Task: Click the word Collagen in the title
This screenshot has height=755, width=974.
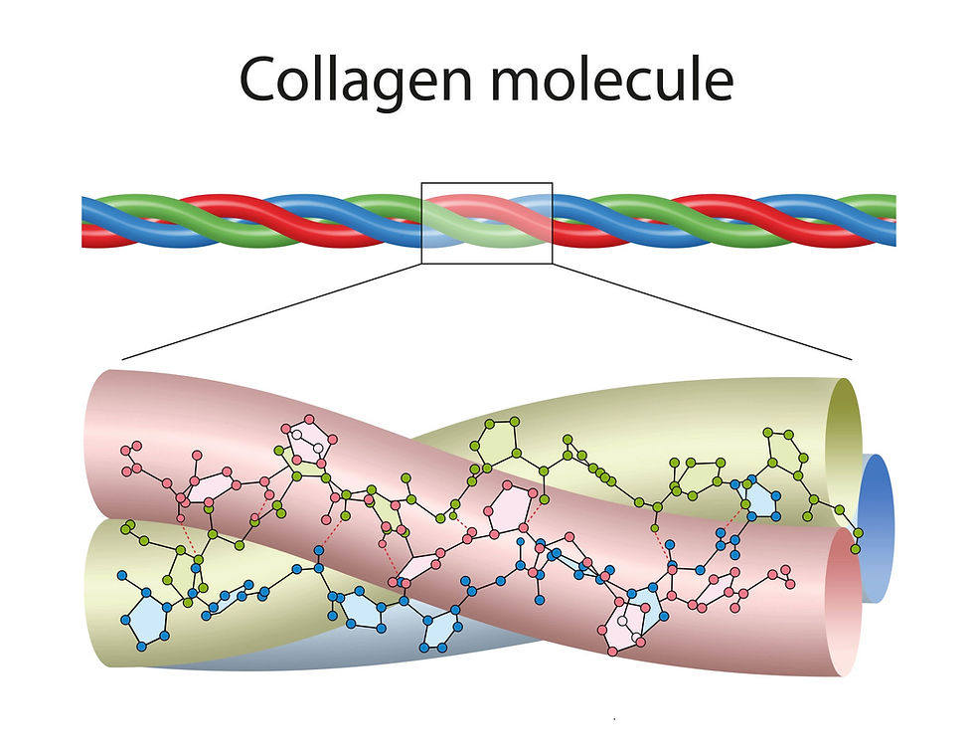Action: [x=354, y=82]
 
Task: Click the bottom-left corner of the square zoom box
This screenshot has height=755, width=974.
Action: [x=422, y=264]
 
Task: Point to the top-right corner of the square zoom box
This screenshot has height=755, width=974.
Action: [x=552, y=183]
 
